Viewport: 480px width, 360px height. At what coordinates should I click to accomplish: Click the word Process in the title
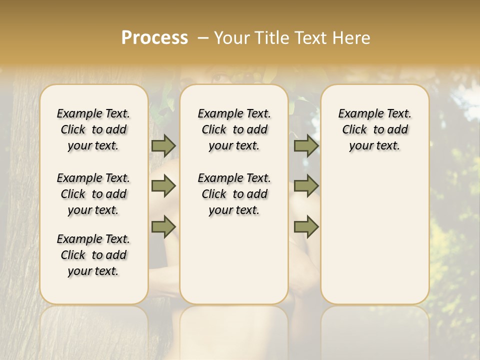[x=154, y=37]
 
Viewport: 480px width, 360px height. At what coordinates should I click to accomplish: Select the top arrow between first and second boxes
[x=163, y=146]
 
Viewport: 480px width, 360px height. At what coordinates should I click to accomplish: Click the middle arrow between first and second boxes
[x=163, y=186]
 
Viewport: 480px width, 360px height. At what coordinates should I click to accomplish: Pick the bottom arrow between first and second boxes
[x=163, y=226]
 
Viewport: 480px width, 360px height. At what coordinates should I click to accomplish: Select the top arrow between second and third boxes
[x=306, y=146]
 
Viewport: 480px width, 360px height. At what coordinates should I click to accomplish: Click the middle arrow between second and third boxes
[x=306, y=186]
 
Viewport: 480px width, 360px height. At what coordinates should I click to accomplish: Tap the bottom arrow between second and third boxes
[x=306, y=226]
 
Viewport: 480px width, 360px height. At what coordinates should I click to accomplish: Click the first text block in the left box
[x=93, y=129]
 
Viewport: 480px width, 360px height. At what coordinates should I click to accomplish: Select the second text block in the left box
[x=93, y=194]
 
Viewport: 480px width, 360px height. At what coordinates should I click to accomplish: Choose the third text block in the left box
[x=93, y=255]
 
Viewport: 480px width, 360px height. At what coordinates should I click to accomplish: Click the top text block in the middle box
[x=234, y=129]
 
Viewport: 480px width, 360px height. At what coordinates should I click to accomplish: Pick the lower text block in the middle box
[x=234, y=194]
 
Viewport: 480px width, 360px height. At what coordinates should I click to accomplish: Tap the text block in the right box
[x=375, y=129]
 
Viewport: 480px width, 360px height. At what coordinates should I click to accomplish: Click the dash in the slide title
[x=202, y=37]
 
